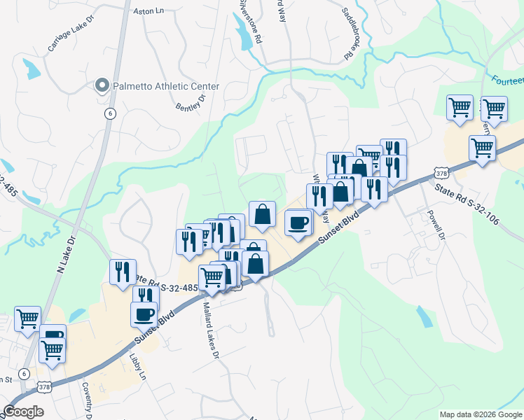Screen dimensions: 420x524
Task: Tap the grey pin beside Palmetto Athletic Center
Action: pos(102,86)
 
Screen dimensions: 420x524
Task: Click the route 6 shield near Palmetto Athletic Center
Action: pos(110,113)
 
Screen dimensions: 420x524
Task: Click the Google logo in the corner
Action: pos(24,412)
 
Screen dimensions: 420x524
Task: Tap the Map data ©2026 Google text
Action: pos(481,414)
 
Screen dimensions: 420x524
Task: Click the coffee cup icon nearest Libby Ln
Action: pos(144,313)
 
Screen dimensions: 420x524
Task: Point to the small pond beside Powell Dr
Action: pos(424,316)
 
